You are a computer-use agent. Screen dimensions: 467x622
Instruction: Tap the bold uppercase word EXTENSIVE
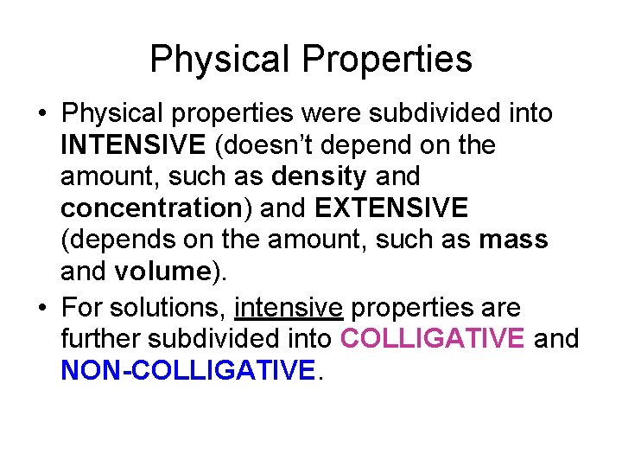391,208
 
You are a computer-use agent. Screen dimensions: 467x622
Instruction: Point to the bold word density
319,176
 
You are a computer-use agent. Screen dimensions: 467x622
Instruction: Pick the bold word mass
513,239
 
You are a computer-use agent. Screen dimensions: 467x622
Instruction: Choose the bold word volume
162,271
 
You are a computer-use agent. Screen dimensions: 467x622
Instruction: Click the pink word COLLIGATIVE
432,338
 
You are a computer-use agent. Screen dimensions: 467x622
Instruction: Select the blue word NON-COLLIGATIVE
188,370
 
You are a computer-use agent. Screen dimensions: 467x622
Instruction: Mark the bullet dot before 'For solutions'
41,308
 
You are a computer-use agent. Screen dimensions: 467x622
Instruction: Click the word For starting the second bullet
82,307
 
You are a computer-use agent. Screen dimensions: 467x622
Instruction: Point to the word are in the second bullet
502,307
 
